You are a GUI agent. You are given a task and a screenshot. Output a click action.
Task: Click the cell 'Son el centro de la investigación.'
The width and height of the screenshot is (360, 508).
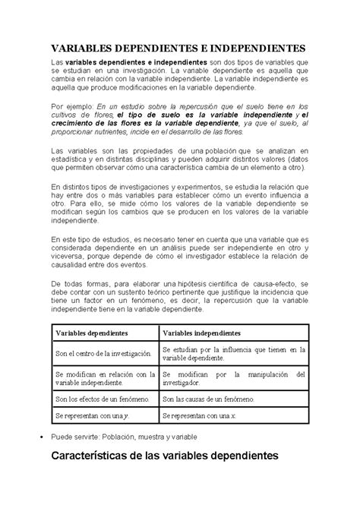(103, 353)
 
